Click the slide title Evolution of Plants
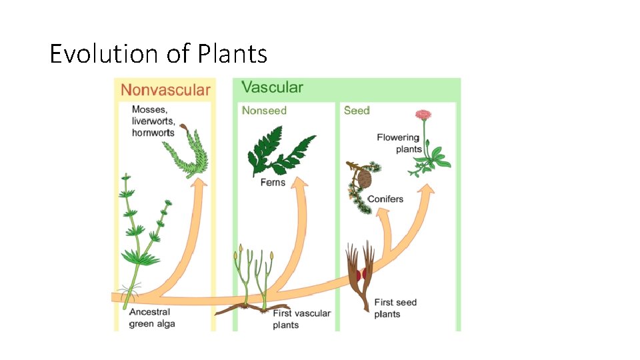158,53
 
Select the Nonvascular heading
165,90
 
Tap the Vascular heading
272,87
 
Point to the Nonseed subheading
264,110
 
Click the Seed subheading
357,110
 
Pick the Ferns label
273,182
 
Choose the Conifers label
385,199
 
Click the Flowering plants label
398,143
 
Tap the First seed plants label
395,308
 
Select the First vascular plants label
301,319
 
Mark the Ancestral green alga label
151,318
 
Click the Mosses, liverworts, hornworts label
153,121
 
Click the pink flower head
423,115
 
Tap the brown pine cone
365,179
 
